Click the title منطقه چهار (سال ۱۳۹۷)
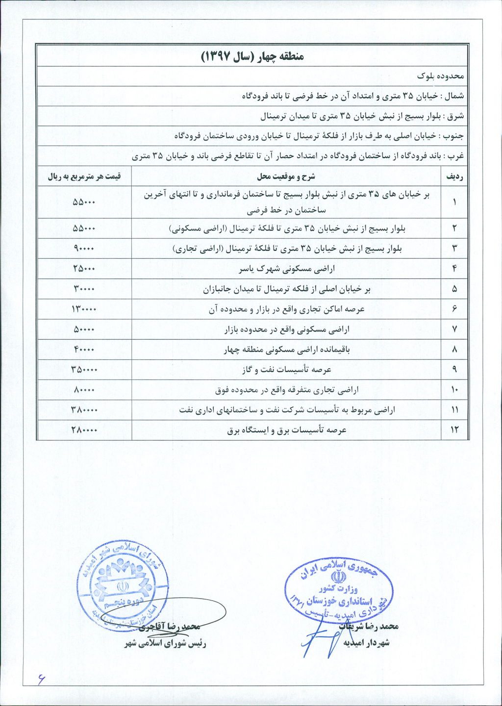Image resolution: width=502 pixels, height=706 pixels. coord(252,56)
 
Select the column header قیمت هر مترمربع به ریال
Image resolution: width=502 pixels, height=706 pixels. coord(84,176)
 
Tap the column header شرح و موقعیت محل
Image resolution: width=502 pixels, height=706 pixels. coord(286,176)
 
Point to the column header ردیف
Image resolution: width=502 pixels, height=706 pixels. coord(454,176)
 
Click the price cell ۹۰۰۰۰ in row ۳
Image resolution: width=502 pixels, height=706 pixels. coord(84,249)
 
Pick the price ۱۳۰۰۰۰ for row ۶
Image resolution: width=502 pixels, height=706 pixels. coord(84,309)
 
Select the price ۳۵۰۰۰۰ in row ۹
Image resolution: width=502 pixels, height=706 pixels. coord(84,370)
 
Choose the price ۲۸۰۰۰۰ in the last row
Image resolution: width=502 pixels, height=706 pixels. coord(84,430)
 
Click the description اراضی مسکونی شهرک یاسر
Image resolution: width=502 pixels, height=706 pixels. coord(286,269)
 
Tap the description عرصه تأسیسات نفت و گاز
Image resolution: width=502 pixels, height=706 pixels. coord(286,370)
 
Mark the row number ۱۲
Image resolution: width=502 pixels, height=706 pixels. coord(454,430)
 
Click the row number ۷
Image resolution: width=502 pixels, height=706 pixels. coord(454,329)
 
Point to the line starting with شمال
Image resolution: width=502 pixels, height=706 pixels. coord(353,96)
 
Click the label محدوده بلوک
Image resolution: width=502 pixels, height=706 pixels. coord(440,76)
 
